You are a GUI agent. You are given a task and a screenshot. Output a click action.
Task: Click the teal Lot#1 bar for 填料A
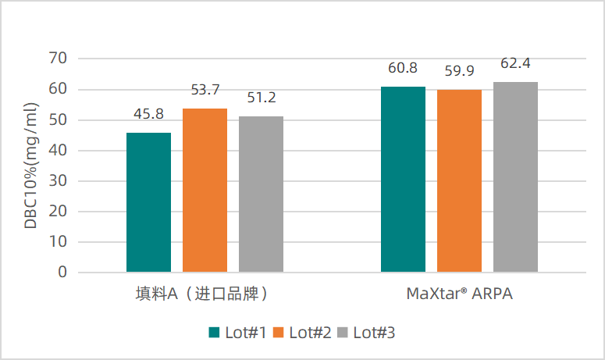coord(148,202)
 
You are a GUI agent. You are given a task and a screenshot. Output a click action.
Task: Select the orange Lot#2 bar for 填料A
coord(205,191)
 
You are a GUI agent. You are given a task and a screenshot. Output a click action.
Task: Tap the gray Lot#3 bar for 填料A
coord(261,194)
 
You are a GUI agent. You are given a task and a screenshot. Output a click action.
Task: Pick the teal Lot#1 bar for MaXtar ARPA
coord(403,180)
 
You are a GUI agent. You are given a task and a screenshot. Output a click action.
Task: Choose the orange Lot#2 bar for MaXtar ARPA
coord(459,181)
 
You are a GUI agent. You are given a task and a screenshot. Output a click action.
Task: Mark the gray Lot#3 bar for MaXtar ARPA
coord(515,177)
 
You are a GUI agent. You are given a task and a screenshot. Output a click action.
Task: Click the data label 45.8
coord(148,114)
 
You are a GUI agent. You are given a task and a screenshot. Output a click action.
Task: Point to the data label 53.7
coord(205,90)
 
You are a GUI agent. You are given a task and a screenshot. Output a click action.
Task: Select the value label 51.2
coord(261,98)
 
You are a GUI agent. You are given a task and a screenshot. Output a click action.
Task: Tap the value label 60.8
coord(403,68)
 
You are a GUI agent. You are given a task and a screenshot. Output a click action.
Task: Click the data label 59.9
coord(459,71)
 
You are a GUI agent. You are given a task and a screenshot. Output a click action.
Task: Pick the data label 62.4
coord(515,63)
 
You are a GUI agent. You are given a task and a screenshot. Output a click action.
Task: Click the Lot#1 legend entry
coord(238,333)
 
